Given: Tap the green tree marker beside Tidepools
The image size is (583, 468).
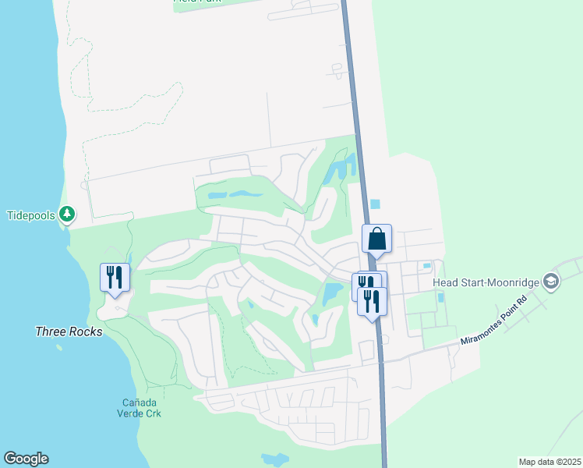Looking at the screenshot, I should coord(68,213).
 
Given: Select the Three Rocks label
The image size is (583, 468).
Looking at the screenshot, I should coord(69,331).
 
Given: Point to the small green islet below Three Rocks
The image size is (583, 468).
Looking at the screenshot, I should coord(59,347).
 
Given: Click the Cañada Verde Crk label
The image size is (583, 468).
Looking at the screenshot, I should coord(140,408).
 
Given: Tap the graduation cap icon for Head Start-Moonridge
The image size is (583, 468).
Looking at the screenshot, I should coord(552,281).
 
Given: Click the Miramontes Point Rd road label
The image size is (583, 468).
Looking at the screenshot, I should coord(493,330).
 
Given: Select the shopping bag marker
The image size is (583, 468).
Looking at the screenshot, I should coord(376,239).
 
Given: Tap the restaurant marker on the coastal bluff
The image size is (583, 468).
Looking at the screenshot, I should coord(115,278).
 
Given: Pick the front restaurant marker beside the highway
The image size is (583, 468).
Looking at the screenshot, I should coord(372,300).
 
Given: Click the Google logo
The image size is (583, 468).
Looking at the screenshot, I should coord(26,459).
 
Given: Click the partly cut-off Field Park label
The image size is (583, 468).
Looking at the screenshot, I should coord(197,2).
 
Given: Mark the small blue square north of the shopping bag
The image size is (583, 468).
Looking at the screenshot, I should coord(376,204).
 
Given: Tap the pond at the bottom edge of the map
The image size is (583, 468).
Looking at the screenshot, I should coord(274,459).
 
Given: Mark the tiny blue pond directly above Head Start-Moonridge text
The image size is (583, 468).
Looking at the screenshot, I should coord(426,266).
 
